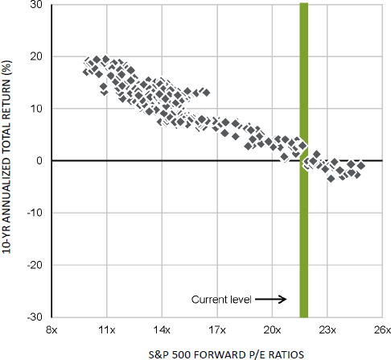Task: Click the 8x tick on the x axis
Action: pos(52,329)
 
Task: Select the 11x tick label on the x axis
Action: pos(107,329)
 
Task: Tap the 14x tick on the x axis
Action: pos(162,329)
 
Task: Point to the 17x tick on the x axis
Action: pos(216,329)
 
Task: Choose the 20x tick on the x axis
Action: pos(272,329)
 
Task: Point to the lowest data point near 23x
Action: pos(331,178)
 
